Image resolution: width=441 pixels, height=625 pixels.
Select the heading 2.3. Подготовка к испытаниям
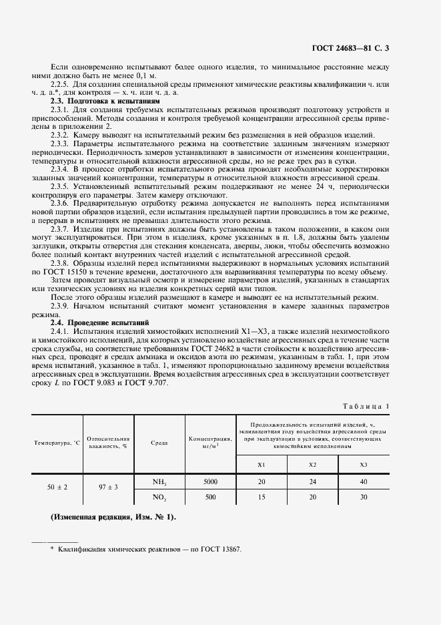point(105,99)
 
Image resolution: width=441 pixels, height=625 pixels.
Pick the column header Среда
point(159,442)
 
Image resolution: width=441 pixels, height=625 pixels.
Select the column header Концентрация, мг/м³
point(210,442)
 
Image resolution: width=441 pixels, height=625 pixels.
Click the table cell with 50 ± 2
point(57,488)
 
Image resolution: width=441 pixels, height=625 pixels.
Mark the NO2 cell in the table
point(159,497)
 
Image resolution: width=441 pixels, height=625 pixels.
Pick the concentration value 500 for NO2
point(210,497)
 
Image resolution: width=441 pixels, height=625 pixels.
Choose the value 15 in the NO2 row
point(262,497)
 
